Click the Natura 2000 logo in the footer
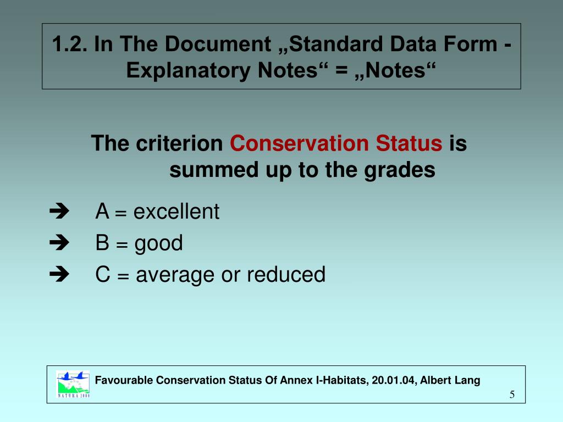point(73,384)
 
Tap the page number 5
point(512,395)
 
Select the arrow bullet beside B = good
point(57,242)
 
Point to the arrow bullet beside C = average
point(57,274)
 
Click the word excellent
point(176,211)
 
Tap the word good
point(159,243)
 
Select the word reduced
point(286,274)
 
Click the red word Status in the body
point(409,144)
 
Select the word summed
point(205,170)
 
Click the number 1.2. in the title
point(70,45)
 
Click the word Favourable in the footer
point(124,380)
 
